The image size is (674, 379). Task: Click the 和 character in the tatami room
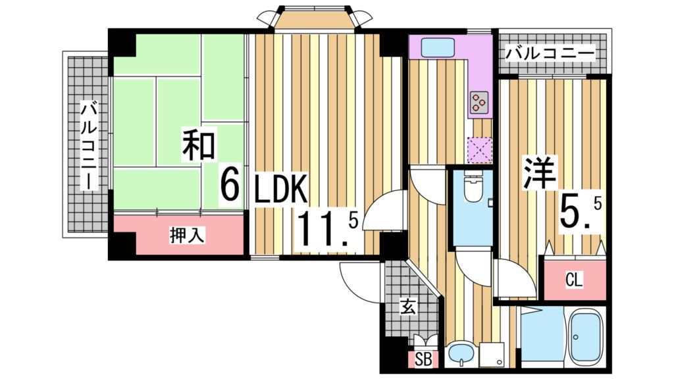pyautogui.click(x=199, y=146)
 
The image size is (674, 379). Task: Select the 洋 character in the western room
pyautogui.click(x=540, y=173)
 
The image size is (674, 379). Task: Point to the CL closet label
pyautogui.click(x=574, y=281)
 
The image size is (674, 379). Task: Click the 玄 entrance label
pyautogui.click(x=407, y=307)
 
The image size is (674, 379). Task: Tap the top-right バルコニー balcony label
pyautogui.click(x=550, y=52)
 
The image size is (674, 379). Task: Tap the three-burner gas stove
pyautogui.click(x=479, y=101)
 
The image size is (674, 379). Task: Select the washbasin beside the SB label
pyautogui.click(x=460, y=356)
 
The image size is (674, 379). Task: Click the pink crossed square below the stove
pyautogui.click(x=480, y=149)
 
